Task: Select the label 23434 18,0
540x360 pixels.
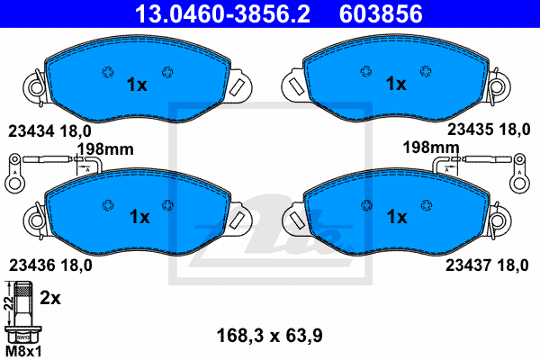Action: (x=50, y=130)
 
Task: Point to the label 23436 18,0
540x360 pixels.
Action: (x=50, y=265)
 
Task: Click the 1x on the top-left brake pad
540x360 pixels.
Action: (x=137, y=85)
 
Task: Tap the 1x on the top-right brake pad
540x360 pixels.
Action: (x=396, y=85)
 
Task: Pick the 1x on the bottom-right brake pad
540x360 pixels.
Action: (x=396, y=217)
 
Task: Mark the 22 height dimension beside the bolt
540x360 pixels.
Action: (x=8, y=306)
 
